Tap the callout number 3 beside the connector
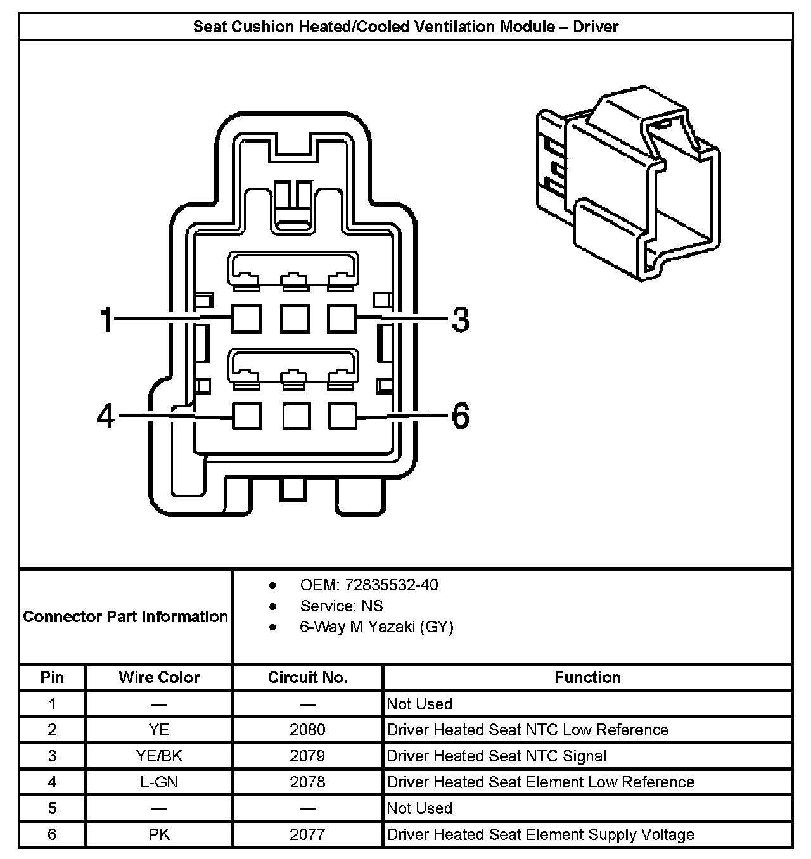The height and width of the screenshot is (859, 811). click(x=461, y=319)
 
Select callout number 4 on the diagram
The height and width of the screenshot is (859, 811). click(x=106, y=416)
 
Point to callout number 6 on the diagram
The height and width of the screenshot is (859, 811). click(x=461, y=416)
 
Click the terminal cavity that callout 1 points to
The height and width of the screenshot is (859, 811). click(x=246, y=318)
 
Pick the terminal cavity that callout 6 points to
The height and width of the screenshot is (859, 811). click(x=343, y=416)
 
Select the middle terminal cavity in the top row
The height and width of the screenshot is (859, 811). click(x=295, y=318)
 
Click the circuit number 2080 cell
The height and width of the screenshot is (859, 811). click(x=307, y=730)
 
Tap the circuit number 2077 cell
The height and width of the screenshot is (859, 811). click(x=307, y=834)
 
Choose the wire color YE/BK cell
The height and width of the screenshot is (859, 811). click(x=159, y=756)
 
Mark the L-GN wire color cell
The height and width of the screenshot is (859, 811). click(x=159, y=782)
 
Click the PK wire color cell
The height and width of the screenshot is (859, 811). click(x=159, y=834)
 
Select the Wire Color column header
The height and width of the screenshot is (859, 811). click(x=159, y=677)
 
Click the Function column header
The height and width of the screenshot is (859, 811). click(x=587, y=677)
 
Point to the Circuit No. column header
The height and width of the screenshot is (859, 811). click(x=307, y=677)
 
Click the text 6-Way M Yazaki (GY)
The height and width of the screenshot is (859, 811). click(x=376, y=627)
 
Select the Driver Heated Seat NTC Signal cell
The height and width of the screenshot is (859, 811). click(x=497, y=756)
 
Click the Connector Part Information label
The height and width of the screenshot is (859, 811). click(x=125, y=616)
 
